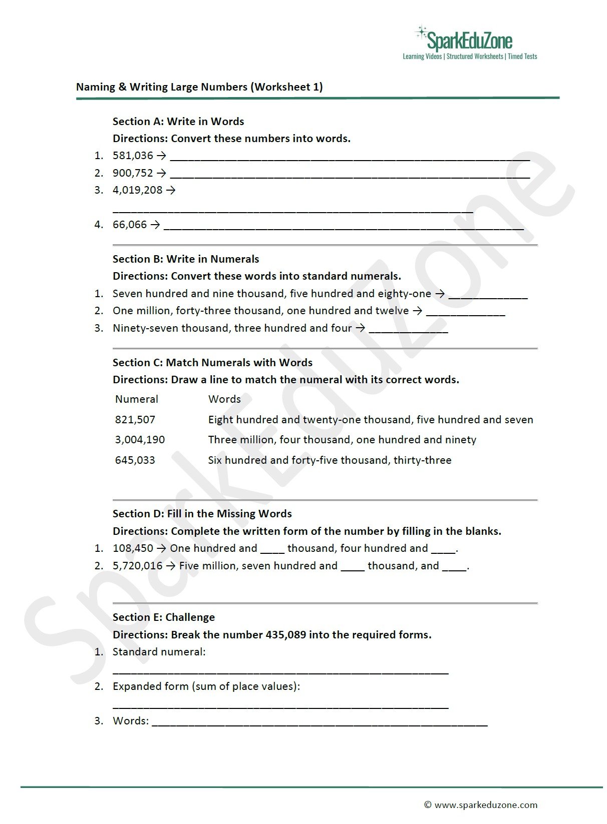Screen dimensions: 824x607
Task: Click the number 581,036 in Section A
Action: point(133,156)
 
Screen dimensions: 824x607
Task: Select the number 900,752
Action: point(133,173)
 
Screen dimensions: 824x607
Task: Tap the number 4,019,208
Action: point(138,190)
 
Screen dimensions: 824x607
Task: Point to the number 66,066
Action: point(130,225)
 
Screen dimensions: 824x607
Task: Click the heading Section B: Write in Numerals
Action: point(186,259)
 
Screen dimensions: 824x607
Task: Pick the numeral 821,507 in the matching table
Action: point(135,420)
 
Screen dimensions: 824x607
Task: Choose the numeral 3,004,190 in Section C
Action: point(140,440)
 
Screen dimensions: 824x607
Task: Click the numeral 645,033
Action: point(135,460)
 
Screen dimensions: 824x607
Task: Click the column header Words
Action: point(224,399)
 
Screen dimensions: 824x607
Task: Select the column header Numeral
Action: point(136,399)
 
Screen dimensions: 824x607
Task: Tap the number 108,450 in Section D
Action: point(133,548)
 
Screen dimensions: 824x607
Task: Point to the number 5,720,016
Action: point(138,566)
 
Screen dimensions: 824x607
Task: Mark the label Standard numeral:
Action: point(159,652)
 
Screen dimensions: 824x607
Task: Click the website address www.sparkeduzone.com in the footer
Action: point(486,805)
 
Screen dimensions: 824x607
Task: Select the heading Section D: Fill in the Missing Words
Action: point(202,514)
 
